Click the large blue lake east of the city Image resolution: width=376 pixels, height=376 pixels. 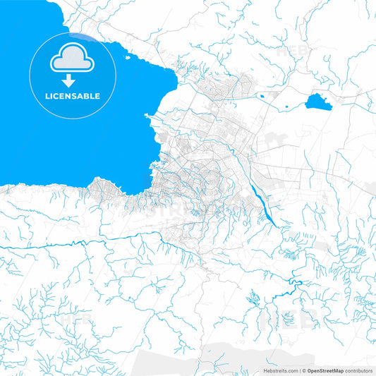(x=317, y=103)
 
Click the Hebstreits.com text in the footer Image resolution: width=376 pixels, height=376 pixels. (x=280, y=370)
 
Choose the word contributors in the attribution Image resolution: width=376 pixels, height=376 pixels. (x=358, y=370)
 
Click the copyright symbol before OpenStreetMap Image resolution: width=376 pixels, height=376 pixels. (x=305, y=370)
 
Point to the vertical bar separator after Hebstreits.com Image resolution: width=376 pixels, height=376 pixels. (x=299, y=370)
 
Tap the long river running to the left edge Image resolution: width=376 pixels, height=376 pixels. (x=42, y=243)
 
